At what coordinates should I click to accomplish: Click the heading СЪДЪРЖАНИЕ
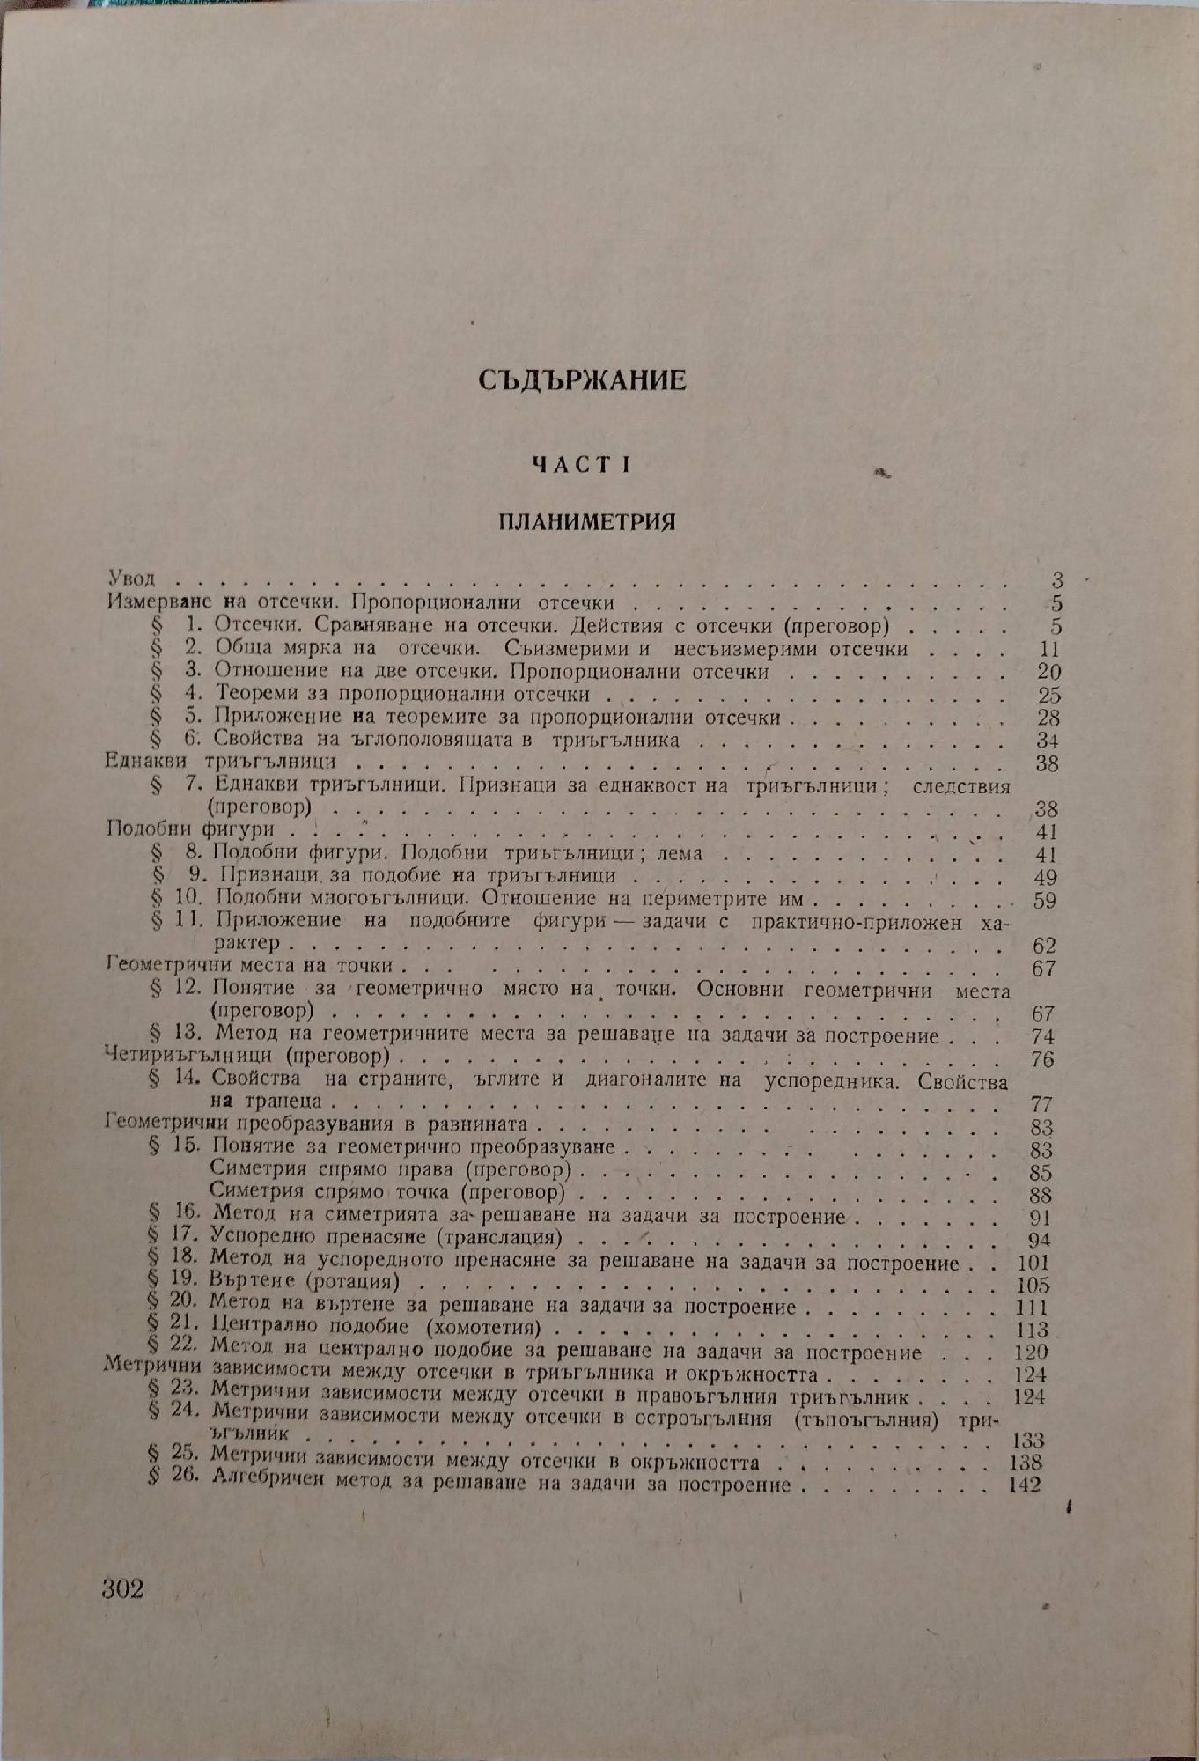[x=583, y=380]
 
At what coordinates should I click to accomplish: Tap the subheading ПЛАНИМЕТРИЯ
[x=586, y=521]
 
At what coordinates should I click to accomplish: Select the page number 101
[x=1032, y=1263]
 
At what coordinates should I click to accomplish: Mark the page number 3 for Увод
[x=1057, y=581]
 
